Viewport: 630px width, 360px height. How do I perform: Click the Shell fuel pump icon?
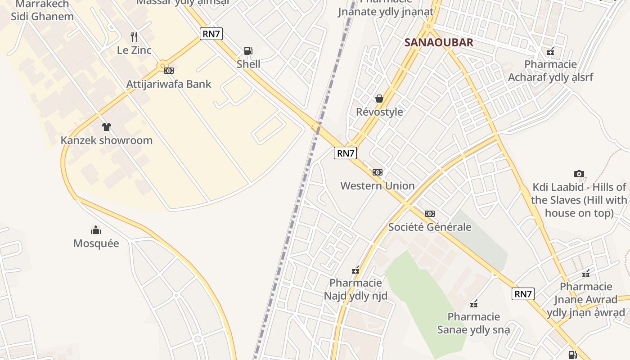click(x=248, y=50)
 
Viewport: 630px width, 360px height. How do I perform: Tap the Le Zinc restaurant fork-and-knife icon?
click(x=134, y=36)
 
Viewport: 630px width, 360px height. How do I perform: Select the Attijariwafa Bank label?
click(x=168, y=84)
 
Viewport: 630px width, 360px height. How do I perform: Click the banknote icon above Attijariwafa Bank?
click(x=169, y=70)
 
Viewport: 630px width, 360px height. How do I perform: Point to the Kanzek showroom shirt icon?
click(x=106, y=127)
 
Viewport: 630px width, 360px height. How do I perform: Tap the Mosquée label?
click(x=96, y=243)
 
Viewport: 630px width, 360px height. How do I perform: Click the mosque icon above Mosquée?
click(x=96, y=230)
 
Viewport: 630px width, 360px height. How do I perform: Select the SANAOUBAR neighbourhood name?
click(x=439, y=42)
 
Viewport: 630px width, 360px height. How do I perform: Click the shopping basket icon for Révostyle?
click(x=379, y=98)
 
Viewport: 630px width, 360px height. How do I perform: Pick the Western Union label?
click(x=377, y=186)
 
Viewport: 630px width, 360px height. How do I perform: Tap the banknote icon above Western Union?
click(x=378, y=172)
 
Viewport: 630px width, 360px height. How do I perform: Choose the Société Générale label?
click(x=430, y=227)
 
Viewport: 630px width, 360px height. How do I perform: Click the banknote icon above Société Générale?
click(x=430, y=214)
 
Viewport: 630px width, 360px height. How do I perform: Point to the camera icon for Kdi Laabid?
click(x=579, y=174)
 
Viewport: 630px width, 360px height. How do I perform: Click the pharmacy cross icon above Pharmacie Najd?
click(x=355, y=270)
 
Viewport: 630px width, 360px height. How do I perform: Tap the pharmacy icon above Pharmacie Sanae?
click(x=474, y=304)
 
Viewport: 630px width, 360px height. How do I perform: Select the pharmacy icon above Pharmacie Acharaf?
click(x=550, y=51)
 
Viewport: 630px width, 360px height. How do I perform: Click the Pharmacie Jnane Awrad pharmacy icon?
click(x=586, y=273)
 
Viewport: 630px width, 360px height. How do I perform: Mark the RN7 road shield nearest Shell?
click(x=211, y=33)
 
